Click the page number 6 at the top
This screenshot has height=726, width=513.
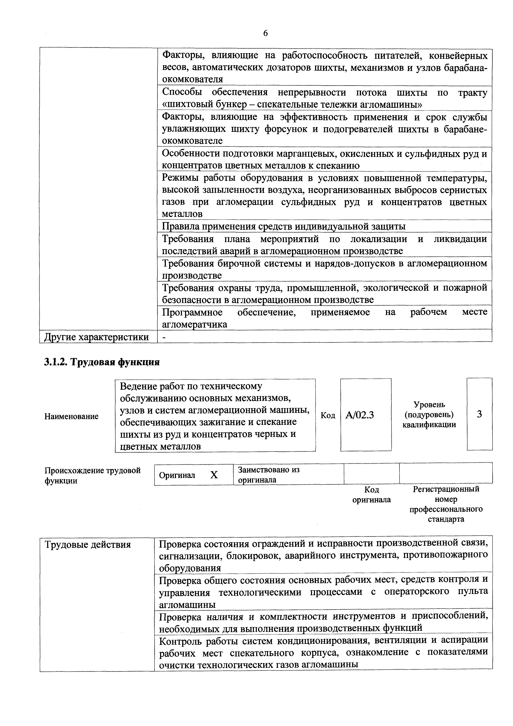click(265, 33)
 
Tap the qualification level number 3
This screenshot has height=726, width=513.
click(479, 414)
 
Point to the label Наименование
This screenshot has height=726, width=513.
click(71, 416)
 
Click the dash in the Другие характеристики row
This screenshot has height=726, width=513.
click(164, 337)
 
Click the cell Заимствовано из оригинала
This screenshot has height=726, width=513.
click(269, 474)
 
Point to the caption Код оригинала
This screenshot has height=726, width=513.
click(372, 495)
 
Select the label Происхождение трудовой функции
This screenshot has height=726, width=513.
click(92, 476)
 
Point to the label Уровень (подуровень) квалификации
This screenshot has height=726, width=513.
click(429, 415)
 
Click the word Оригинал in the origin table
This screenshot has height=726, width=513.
click(177, 475)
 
